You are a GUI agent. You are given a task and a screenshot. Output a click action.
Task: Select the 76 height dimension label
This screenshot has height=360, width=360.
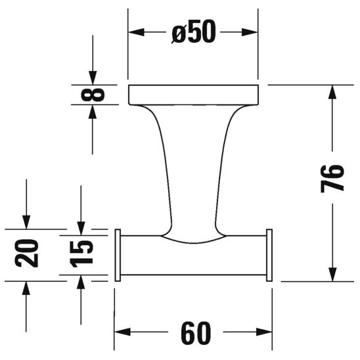click(x=332, y=177)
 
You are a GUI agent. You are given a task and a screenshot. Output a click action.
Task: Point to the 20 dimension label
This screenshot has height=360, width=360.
click(x=27, y=253)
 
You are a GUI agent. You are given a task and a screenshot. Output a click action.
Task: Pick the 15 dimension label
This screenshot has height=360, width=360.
click(x=81, y=253)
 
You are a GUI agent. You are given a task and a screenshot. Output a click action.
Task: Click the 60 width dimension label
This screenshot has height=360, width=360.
click(x=194, y=334)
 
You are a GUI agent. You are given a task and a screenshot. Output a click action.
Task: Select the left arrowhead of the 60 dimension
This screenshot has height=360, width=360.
click(x=122, y=334)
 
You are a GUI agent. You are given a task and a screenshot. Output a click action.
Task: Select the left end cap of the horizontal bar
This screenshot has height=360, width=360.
click(x=118, y=256)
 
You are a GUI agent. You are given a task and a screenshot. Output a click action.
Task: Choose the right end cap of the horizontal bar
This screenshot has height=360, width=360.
click(x=269, y=256)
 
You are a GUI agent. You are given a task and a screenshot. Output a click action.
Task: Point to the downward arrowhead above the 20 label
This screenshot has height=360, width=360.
click(x=27, y=221)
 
